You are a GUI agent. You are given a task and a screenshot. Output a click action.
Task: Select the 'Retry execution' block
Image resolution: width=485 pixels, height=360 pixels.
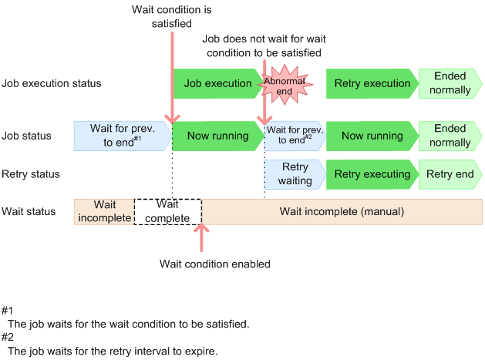(372, 83)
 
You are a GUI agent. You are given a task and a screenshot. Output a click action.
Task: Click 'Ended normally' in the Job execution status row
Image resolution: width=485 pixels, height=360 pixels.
(452, 83)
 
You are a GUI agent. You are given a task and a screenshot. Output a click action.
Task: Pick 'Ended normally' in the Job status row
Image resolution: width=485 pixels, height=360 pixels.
(452, 136)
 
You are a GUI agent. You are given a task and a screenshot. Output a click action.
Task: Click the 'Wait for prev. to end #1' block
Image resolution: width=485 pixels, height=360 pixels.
(122, 136)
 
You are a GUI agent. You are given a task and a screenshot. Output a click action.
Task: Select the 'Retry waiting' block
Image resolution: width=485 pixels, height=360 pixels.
(294, 174)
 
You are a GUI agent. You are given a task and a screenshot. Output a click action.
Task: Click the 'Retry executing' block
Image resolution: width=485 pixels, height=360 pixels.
(372, 174)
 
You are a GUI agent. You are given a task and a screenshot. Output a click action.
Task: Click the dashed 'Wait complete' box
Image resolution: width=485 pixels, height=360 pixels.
(167, 211)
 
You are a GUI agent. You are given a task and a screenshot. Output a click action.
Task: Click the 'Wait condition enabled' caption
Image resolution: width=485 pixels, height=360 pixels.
(214, 264)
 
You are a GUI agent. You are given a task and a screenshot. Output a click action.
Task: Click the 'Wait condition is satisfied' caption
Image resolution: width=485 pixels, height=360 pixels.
(173, 18)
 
